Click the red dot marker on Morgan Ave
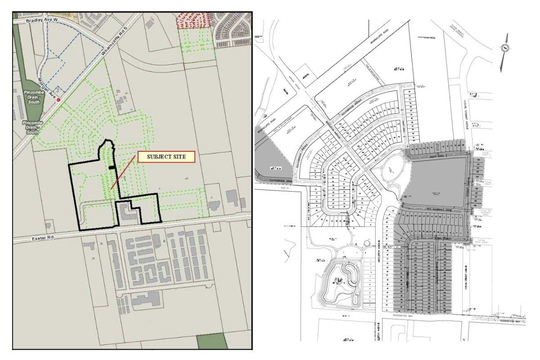(x=58, y=99)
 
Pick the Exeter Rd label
(x=37, y=235)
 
